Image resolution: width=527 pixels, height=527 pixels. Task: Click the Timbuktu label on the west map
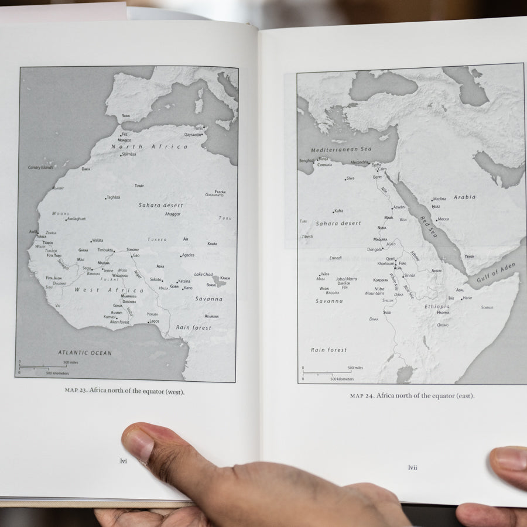tap(105, 250)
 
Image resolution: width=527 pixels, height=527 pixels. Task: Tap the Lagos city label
tap(154, 321)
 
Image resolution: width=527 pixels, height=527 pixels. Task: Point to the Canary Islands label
tap(40, 167)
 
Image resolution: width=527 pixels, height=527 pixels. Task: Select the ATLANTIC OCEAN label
tap(84, 353)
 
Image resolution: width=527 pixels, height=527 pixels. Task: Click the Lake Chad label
tap(203, 274)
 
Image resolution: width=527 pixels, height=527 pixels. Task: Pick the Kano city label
tap(188, 288)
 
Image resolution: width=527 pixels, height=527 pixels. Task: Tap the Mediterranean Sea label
tap(341, 149)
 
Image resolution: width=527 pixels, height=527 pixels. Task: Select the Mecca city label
tap(443, 219)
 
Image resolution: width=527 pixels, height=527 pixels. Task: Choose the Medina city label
tap(439, 199)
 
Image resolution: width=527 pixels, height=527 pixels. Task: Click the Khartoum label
tap(386, 263)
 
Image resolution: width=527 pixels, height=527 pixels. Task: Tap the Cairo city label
tap(382, 169)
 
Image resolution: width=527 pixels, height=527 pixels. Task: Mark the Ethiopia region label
tap(437, 306)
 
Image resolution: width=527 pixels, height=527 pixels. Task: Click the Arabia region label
tap(464, 197)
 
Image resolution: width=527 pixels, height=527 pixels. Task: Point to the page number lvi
tap(123, 461)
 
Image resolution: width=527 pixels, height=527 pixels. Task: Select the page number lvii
tap(412, 467)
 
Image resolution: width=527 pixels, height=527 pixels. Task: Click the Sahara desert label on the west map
tap(160, 206)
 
